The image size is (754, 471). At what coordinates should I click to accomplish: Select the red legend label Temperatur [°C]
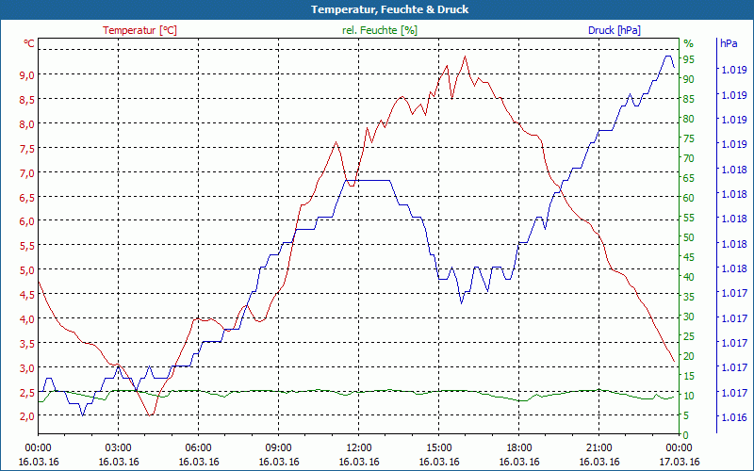point(139,30)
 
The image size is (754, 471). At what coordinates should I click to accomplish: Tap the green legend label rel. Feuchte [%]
point(379,30)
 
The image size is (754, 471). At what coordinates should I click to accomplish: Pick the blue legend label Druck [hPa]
point(615,30)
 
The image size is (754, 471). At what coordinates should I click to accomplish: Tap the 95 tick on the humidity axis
point(689,59)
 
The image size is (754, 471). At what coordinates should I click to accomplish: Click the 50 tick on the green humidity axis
point(689,237)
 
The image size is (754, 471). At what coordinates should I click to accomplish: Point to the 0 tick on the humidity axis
point(686,435)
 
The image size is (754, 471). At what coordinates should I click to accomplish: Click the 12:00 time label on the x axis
point(359,447)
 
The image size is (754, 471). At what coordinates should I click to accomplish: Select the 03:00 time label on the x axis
point(118,447)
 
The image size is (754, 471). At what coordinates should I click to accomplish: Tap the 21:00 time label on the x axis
point(599,447)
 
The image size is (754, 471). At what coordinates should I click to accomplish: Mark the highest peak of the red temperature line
point(465,57)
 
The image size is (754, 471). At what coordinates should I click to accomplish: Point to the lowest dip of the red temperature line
point(150,414)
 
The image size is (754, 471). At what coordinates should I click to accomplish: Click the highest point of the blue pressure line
point(668,57)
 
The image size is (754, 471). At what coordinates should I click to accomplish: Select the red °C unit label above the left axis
point(29,43)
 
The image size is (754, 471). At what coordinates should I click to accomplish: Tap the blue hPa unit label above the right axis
point(729,43)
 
